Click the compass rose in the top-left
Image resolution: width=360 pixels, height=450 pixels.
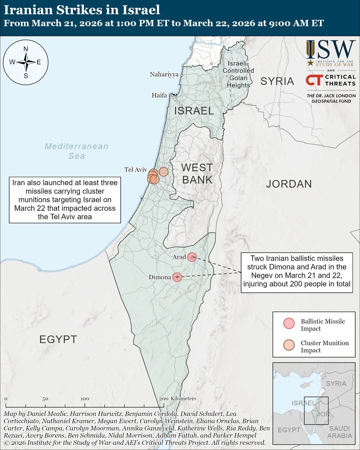point(26,62)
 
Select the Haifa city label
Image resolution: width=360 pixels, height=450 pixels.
point(159,95)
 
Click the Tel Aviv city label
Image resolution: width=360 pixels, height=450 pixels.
point(135,170)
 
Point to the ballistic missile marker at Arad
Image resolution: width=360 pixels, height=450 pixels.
point(192,257)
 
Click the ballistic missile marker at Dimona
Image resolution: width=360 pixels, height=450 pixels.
point(177,277)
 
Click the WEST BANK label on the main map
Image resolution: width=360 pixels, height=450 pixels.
point(198,173)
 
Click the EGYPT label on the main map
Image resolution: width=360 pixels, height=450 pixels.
point(58,340)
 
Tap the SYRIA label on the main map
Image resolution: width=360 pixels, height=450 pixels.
point(277,81)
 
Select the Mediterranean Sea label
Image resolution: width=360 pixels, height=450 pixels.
point(76,151)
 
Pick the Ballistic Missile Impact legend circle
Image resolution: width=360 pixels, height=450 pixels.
point(289,324)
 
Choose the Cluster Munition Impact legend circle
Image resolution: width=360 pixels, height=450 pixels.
point(289,345)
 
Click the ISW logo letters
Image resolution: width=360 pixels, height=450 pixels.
point(330,49)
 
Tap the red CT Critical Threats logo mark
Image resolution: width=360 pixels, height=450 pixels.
point(314,80)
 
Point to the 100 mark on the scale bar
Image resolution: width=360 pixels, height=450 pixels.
point(85,399)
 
